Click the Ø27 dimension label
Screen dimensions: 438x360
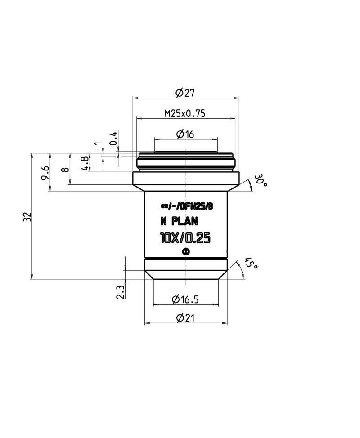pyautogui.click(x=185, y=93)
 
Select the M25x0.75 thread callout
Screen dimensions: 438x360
pyautogui.click(x=185, y=114)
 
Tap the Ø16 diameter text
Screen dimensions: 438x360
pyautogui.click(x=185, y=134)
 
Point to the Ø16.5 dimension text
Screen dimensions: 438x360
pyautogui.click(x=185, y=299)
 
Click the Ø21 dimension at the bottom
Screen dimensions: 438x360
pyautogui.click(x=185, y=318)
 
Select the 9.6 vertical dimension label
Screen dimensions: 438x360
pyautogui.click(x=45, y=173)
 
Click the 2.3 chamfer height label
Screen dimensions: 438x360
pyautogui.click(x=120, y=292)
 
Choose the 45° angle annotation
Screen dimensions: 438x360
pyautogui.click(x=251, y=264)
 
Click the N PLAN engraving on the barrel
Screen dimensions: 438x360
pyautogui.click(x=179, y=221)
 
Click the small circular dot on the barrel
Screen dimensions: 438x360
pyautogui.click(x=186, y=252)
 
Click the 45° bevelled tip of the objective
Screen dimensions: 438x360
pyautogui.click(x=186, y=274)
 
